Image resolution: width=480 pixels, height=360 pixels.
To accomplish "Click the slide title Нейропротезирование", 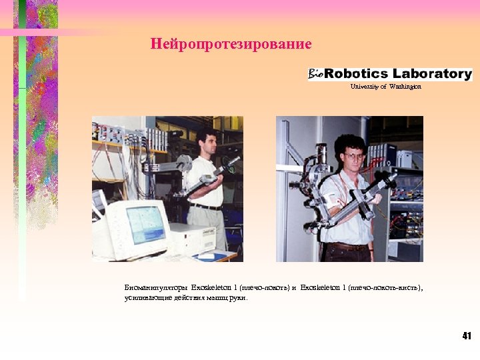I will (231, 45).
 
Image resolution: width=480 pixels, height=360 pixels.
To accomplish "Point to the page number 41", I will (466, 335).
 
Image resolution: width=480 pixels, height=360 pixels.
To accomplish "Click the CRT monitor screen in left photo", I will (145, 224).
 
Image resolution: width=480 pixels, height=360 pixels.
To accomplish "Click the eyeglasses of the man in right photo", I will (354, 155).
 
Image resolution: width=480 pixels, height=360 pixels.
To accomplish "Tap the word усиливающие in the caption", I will (147, 298).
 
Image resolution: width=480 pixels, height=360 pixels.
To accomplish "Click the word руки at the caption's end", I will (239, 298).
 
